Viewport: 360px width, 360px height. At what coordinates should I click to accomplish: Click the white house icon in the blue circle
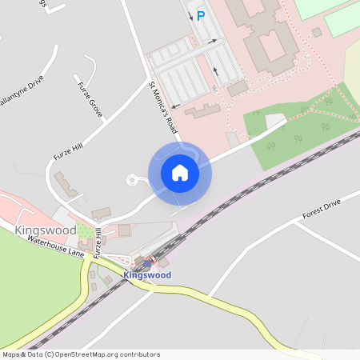point(179,173)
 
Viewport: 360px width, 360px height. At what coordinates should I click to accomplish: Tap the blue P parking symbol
point(201,15)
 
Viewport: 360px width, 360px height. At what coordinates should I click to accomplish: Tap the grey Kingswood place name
point(45,230)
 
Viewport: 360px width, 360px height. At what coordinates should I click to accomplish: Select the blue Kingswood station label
point(147,275)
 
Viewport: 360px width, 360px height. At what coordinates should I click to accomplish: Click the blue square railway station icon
point(147,263)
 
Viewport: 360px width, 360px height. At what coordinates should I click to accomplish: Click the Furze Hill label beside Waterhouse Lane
point(98,242)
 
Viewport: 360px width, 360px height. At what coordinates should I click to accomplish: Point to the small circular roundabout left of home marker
point(131,179)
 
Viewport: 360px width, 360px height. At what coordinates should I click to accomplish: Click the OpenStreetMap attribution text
point(80,354)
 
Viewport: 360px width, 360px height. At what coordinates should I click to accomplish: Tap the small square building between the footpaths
point(317,32)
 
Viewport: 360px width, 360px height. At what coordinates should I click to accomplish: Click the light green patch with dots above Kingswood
point(84,231)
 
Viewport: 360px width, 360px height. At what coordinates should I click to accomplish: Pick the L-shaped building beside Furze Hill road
point(66,186)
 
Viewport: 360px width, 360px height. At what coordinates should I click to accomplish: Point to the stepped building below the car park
point(205,111)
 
